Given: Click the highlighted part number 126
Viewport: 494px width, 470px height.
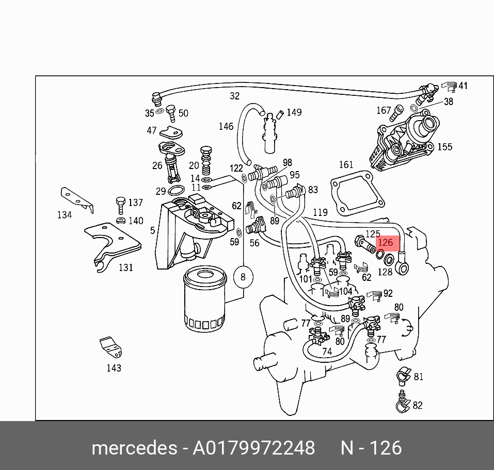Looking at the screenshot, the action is coord(386,243).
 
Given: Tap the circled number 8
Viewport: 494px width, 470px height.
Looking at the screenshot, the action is coord(243,277).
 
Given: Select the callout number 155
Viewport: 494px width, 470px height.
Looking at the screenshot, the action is coord(444,147).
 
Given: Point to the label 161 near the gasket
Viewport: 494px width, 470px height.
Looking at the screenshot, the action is coord(346,165).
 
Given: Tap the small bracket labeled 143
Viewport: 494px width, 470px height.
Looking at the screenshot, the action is coord(111,347).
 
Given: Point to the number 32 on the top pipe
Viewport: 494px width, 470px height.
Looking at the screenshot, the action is coord(235,96).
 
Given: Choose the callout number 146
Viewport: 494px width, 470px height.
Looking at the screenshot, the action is coord(226,126).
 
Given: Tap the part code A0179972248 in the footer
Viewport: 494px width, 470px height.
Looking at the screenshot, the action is coord(253,448).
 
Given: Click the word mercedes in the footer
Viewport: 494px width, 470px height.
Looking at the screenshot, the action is coord(134,448).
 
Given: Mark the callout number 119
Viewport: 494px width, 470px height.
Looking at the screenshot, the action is coord(320,212).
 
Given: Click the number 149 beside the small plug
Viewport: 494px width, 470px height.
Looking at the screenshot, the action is coord(294,112).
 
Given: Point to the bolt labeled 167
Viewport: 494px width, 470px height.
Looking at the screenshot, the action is coord(398,110).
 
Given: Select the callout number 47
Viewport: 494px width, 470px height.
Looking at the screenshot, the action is coord(151,131).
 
